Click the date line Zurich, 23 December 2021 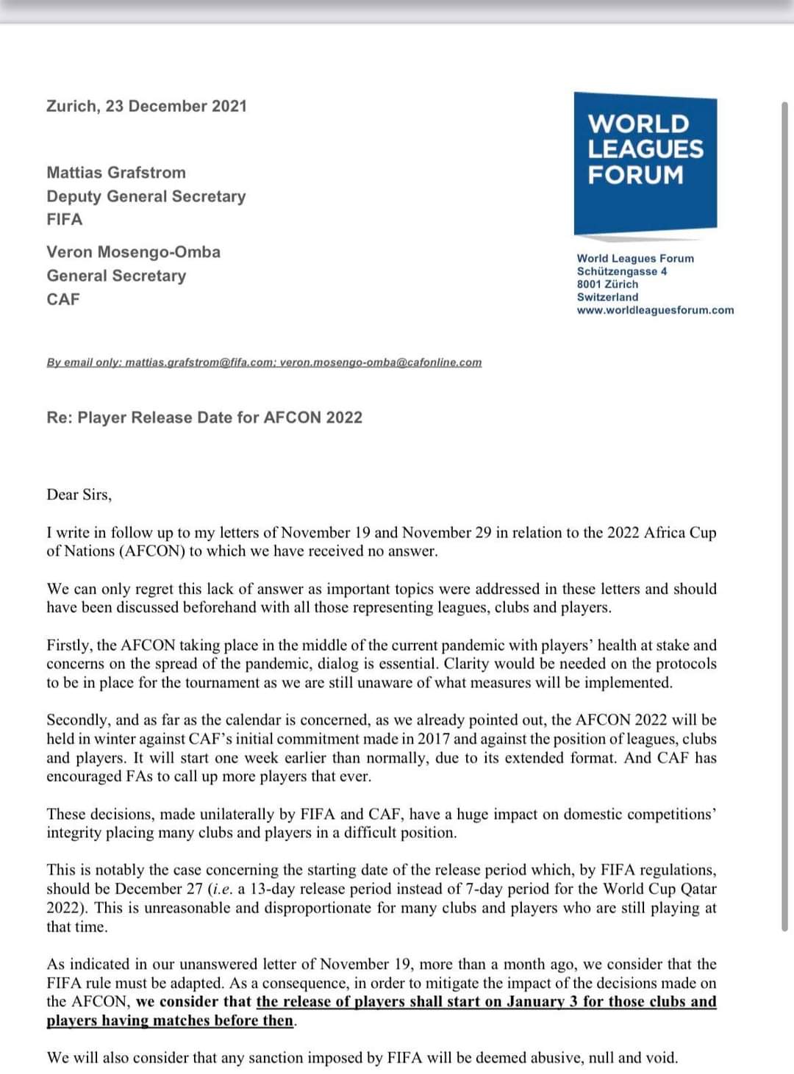tap(146, 106)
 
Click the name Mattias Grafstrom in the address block tap(116, 173)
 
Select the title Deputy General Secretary tap(146, 196)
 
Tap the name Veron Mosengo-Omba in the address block tap(133, 252)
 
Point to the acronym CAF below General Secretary tap(63, 299)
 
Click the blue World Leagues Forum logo tap(645, 161)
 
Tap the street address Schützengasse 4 tap(622, 271)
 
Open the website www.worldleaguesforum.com tap(655, 309)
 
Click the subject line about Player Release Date tap(204, 418)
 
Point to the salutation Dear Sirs tap(79, 495)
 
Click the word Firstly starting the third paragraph tap(70, 645)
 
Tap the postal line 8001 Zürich tap(607, 284)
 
